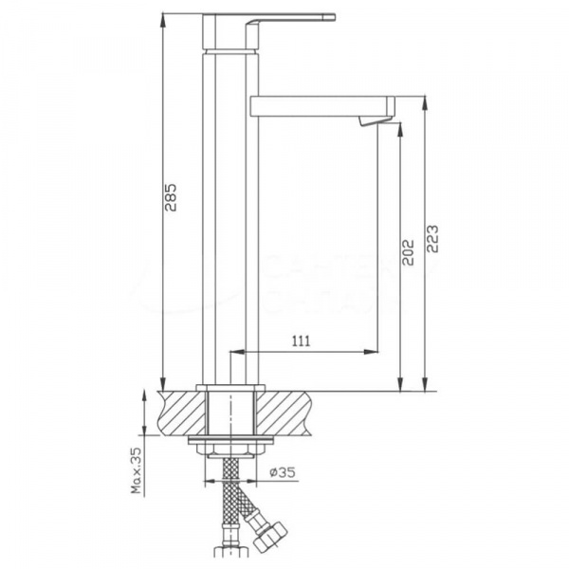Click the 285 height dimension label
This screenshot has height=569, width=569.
[x=171, y=197]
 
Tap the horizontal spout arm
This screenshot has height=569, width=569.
[x=313, y=104]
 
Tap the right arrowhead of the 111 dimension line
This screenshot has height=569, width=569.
[x=373, y=354]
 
